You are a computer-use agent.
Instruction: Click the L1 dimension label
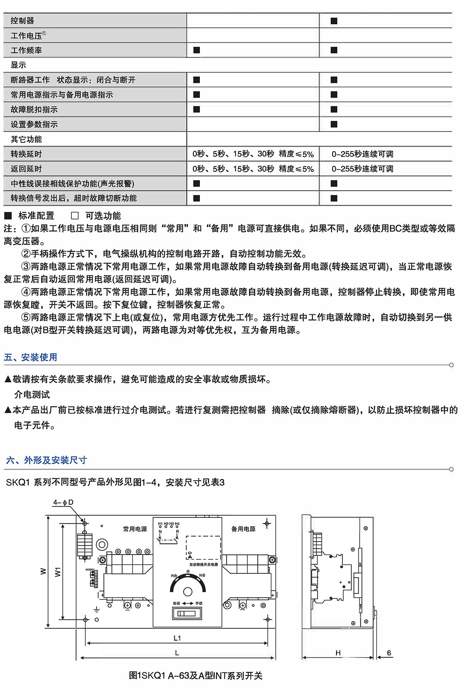[177, 638]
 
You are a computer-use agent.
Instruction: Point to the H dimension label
[338, 653]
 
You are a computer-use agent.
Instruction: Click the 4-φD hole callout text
[63, 502]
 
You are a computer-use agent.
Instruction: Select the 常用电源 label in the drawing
[135, 529]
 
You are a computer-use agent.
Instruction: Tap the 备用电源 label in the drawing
[243, 529]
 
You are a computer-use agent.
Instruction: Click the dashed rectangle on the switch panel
[203, 547]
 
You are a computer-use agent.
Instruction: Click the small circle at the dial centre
[188, 592]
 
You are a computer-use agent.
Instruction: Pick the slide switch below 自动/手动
[187, 613]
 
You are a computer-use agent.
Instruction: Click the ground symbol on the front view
[96, 610]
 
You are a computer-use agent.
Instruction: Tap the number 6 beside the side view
[389, 653]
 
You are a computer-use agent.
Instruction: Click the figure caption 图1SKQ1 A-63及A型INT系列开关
[196, 675]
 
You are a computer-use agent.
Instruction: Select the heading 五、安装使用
[30, 357]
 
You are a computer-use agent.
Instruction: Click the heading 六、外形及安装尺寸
[46, 460]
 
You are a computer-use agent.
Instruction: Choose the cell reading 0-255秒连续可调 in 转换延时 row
[362, 154]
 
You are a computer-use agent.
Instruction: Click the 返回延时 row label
[26, 169]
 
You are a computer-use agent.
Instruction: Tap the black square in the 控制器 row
[334, 21]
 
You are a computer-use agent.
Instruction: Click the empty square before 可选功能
[75, 216]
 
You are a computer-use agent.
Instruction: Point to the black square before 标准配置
[8, 216]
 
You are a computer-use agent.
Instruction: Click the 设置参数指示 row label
[34, 124]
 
